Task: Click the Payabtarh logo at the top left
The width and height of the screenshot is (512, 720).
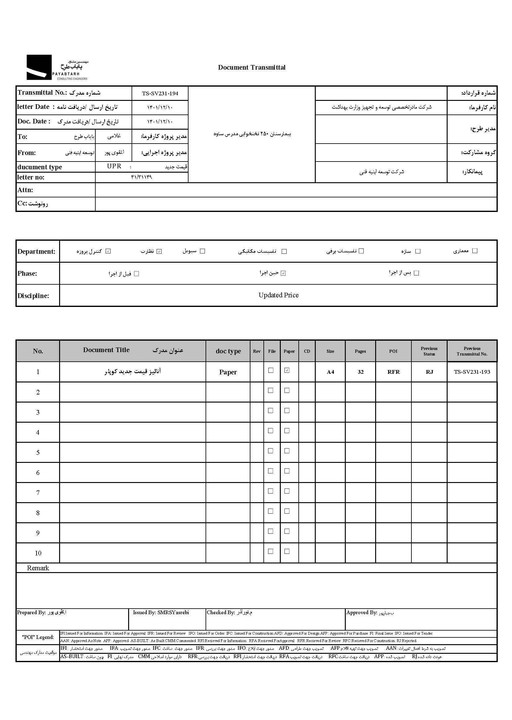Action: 57,67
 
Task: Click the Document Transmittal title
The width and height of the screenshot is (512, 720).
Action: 252,67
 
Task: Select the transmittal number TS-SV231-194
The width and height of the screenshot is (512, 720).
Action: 160,93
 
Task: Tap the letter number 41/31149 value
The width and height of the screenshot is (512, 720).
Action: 141,177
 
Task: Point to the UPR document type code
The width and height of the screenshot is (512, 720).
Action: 114,166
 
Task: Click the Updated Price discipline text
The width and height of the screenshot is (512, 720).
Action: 278,295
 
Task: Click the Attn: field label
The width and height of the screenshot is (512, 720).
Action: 25,190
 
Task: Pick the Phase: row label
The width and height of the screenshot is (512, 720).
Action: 27,274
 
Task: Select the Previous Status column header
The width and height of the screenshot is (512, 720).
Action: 429,351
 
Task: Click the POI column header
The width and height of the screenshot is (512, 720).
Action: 393,351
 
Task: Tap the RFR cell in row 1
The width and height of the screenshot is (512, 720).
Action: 393,372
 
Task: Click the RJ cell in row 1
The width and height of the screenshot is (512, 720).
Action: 429,372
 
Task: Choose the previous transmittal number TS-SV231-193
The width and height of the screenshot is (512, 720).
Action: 472,372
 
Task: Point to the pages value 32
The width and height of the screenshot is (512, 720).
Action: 361,372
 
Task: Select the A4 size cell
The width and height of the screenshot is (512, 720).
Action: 330,372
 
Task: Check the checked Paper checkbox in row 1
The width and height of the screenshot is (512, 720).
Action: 287,371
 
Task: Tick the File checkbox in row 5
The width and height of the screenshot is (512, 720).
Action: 271,451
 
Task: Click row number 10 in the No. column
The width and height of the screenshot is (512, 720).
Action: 38,553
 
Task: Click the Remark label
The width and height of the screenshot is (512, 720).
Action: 38,568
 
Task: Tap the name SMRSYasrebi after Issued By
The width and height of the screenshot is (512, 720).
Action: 173,612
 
